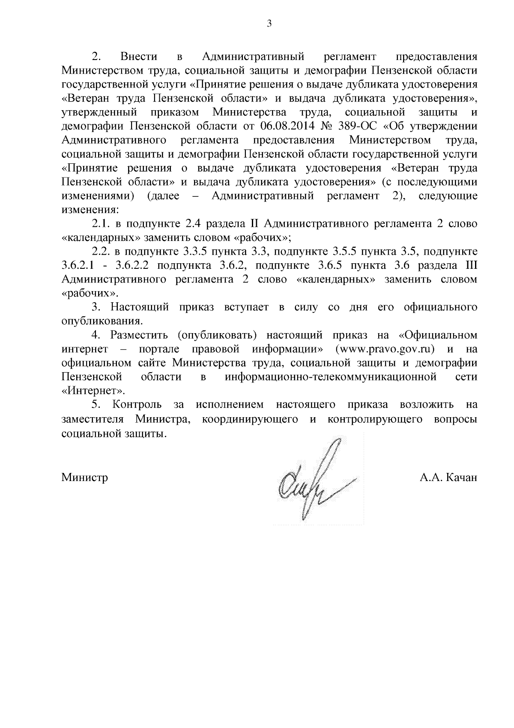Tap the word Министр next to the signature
point(84,478)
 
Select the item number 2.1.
point(101,224)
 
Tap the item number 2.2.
point(101,252)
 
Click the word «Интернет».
point(93,391)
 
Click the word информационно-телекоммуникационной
point(330,377)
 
